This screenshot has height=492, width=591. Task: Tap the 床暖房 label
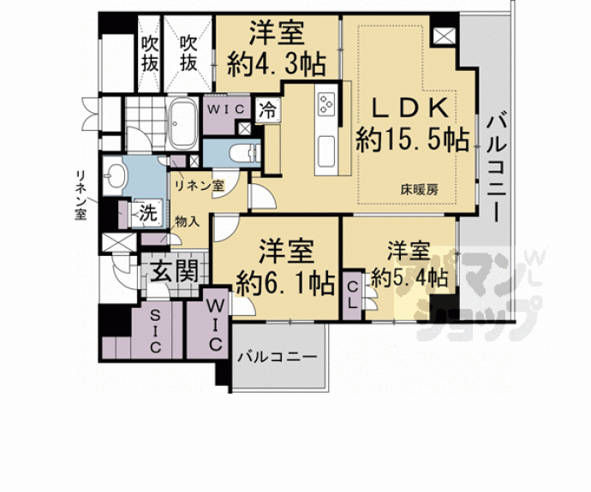(x=417, y=191)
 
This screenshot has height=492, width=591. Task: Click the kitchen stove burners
(x=325, y=104)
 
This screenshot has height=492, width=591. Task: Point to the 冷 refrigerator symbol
(x=268, y=110)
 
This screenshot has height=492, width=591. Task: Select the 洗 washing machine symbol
(x=146, y=213)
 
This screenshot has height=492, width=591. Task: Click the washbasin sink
(x=117, y=177)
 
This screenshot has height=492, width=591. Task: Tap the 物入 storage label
(x=187, y=221)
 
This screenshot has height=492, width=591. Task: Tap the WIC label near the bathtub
(x=226, y=108)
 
